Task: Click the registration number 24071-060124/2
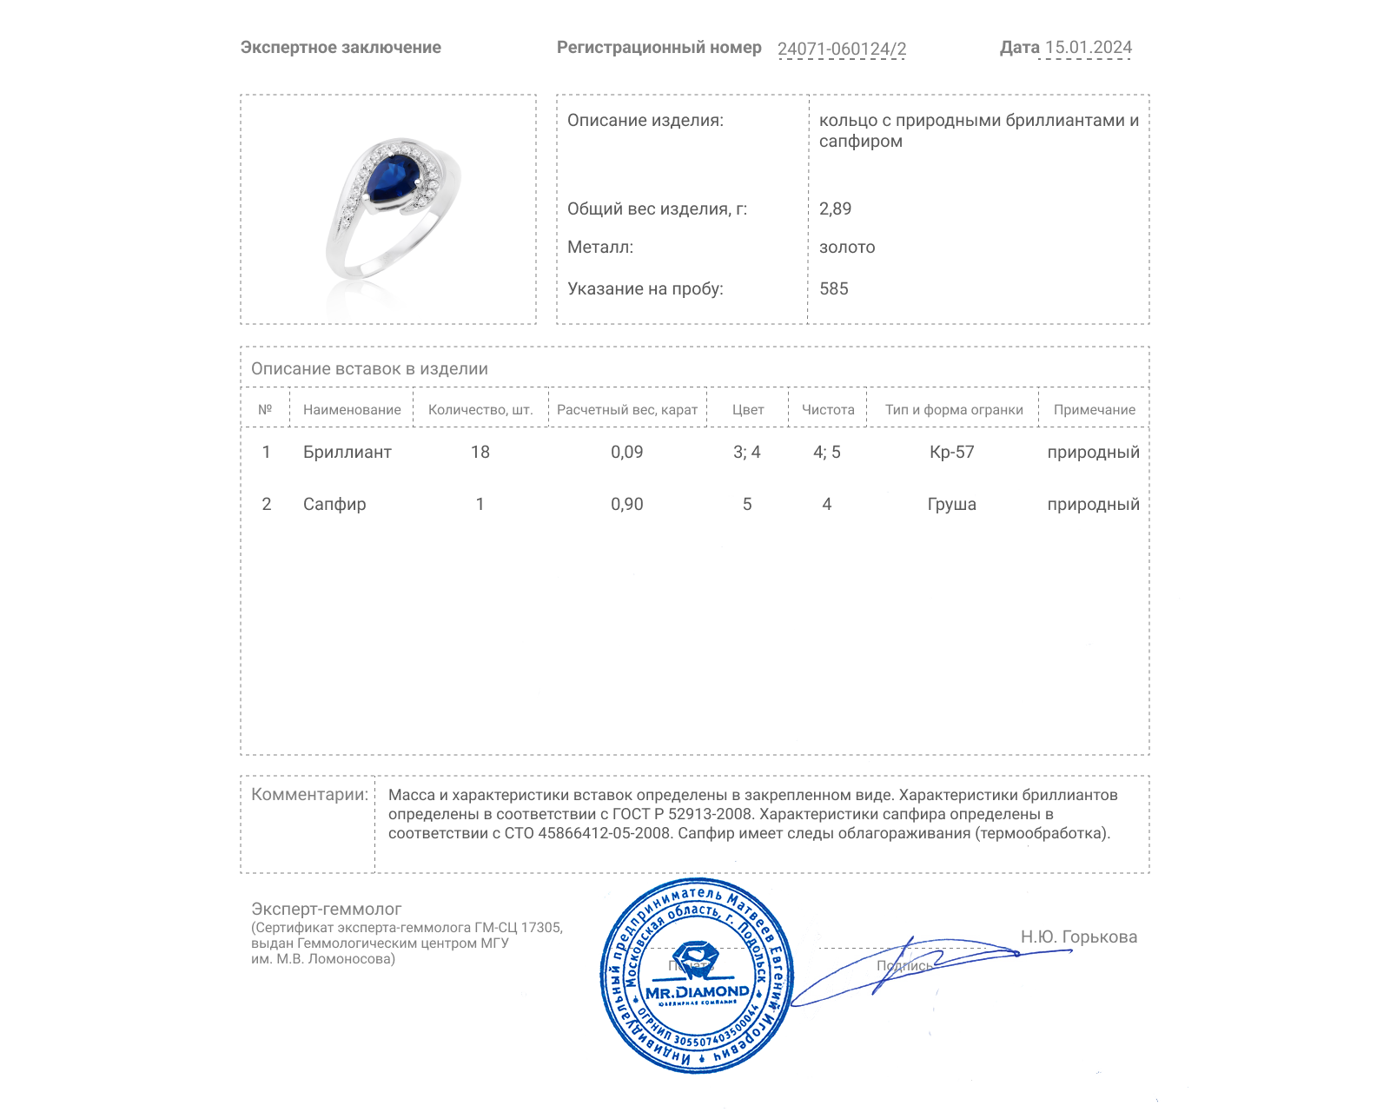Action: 841,49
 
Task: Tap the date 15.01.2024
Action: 1088,48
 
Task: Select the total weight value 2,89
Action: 835,208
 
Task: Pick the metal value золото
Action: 847,248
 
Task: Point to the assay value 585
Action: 833,288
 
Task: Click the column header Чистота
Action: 827,410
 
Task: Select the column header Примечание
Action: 1094,410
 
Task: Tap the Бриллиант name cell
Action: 347,453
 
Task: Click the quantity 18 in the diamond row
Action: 480,453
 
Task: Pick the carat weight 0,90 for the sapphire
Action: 626,505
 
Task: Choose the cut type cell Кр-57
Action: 951,453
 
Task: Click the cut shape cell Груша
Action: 951,505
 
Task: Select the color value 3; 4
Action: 746,453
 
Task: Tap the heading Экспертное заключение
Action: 341,48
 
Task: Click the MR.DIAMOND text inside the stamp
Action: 697,992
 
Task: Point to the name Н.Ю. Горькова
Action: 1078,937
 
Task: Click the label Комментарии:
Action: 309,795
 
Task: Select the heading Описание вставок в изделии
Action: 369,369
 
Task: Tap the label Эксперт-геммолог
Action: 326,910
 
